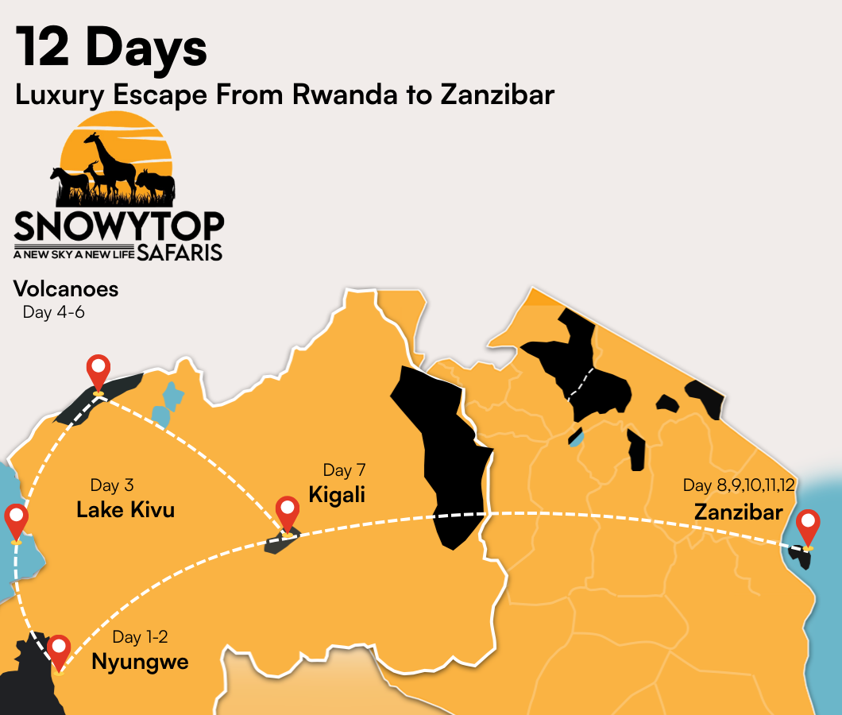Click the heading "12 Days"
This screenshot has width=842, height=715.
tap(111, 48)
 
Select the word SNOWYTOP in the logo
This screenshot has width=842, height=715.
tap(119, 226)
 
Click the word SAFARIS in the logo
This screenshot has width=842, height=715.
tap(180, 253)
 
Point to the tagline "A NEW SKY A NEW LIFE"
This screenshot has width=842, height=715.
tap(74, 254)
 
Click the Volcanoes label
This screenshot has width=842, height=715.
tap(66, 288)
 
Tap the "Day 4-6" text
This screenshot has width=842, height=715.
tap(53, 312)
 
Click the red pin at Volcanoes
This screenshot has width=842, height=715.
tap(98, 371)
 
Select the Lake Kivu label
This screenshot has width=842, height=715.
tap(126, 509)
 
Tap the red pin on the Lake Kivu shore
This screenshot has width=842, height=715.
tap(16, 520)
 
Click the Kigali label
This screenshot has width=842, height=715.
tap(337, 494)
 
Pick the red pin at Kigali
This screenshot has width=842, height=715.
tap(286, 512)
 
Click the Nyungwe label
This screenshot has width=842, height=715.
tap(140, 661)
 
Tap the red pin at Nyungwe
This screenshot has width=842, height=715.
tap(59, 651)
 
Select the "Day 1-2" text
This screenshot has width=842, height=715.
tap(140, 637)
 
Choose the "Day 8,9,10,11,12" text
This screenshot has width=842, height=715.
tap(739, 485)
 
